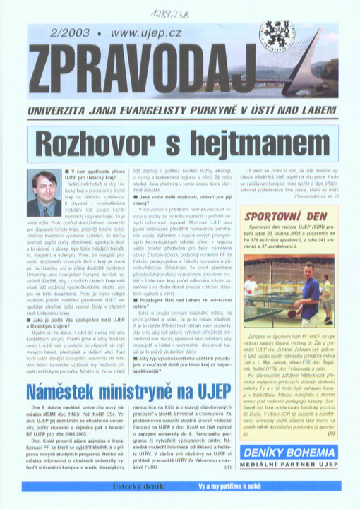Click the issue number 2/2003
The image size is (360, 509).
click(52, 33)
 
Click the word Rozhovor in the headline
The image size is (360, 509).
click(105, 144)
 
